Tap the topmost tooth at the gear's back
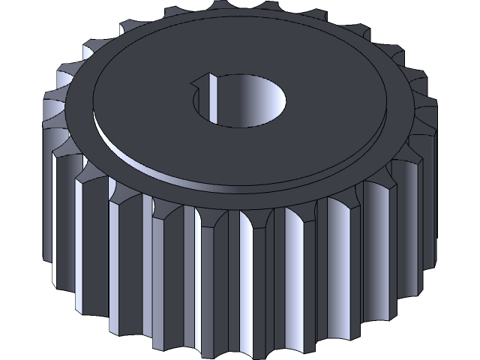(225, 7)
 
